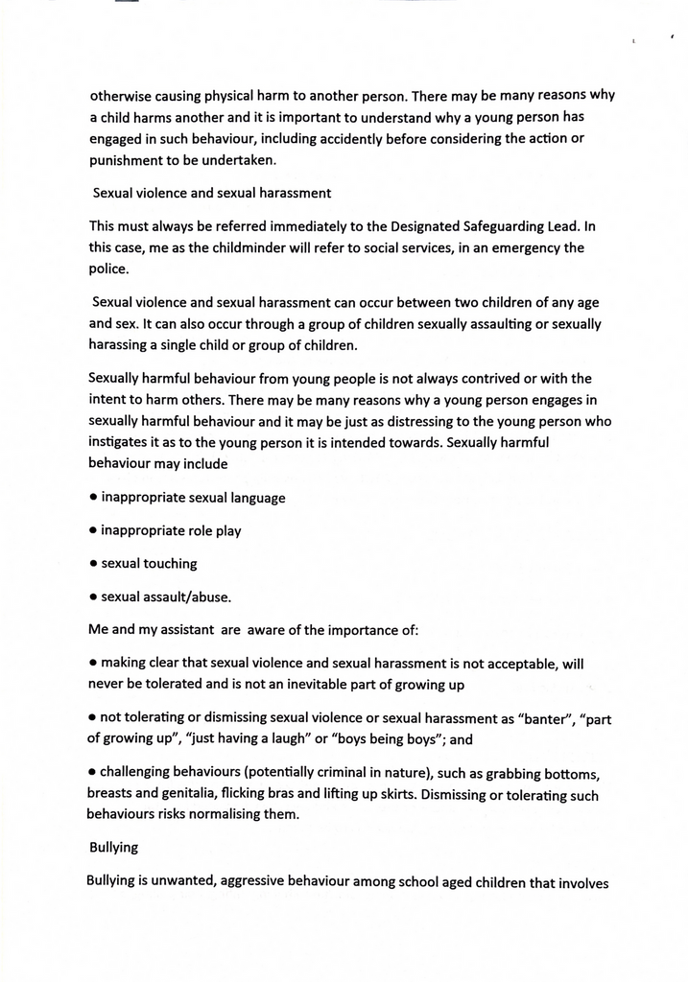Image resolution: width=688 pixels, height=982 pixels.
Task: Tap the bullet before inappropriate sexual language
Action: point(93,498)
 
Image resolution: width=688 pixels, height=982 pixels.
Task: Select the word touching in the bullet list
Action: point(171,564)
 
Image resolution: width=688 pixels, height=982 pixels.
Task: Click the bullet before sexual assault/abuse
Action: point(93,596)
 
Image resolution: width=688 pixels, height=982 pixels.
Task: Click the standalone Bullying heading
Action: point(113,848)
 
